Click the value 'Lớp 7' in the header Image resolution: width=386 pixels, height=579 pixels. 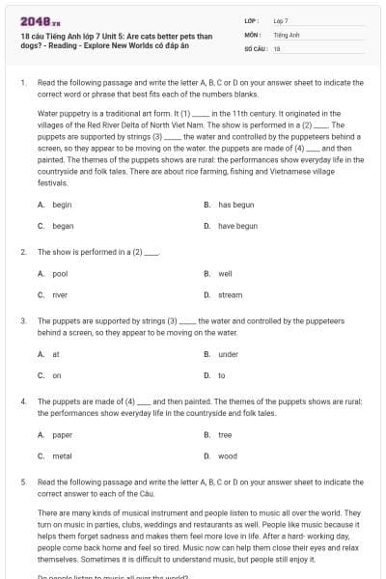coord(281,19)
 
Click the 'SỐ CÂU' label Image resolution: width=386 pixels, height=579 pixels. coord(256,47)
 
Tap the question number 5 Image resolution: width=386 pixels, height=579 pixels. coord(22,480)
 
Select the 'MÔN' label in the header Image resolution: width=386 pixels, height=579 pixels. coord(252,34)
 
